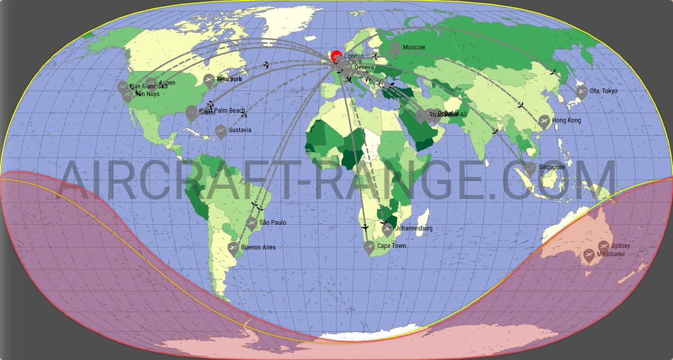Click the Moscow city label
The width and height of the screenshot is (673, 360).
[x=414, y=47]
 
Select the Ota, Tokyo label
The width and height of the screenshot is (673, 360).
[x=603, y=91]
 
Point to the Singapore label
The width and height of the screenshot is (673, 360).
[x=552, y=167]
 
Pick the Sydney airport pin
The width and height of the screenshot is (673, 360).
[x=603, y=246]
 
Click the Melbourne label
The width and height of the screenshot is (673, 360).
[x=611, y=254]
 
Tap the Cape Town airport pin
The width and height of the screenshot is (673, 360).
[x=369, y=247]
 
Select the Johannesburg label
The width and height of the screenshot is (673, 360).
[x=414, y=228]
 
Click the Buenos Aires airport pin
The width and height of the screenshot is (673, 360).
[x=233, y=248]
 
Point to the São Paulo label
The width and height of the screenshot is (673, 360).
[x=273, y=223]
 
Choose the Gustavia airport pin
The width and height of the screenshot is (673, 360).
[x=221, y=131]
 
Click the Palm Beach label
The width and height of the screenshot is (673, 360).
[x=229, y=111]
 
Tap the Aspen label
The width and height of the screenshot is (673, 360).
[x=167, y=83]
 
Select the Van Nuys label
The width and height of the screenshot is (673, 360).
[x=147, y=94]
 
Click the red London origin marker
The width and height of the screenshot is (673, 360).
[x=336, y=56]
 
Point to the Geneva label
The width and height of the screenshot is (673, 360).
[x=364, y=67]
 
